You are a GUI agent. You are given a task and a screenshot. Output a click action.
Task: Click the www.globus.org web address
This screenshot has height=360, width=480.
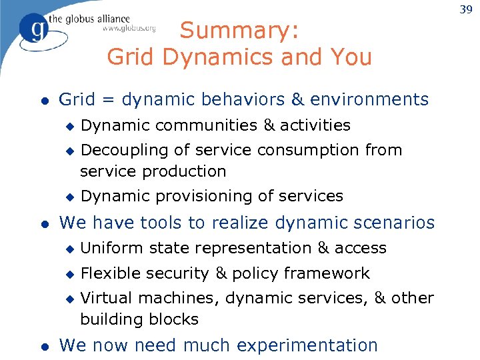(x=129, y=29)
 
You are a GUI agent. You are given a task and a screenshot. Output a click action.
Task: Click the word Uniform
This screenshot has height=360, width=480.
(x=107, y=248)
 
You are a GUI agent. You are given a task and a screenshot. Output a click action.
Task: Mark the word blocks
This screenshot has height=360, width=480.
(x=176, y=319)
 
